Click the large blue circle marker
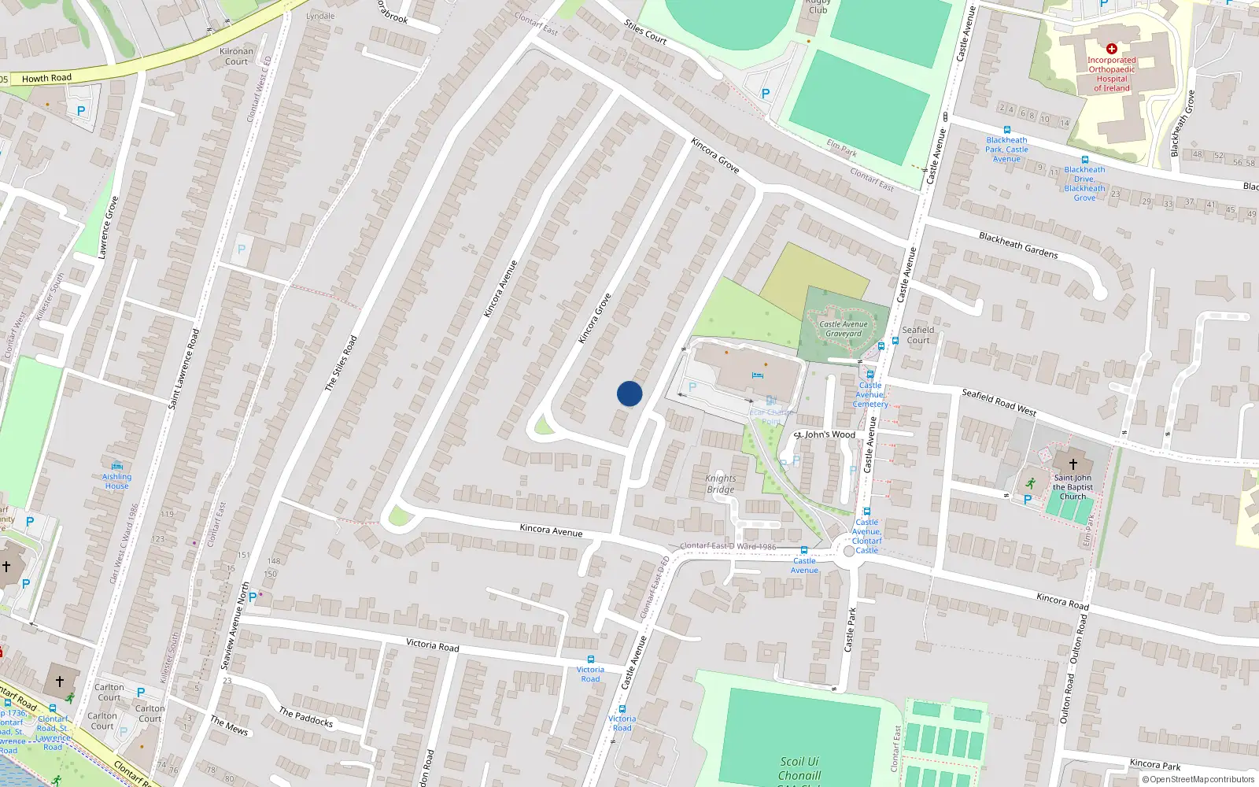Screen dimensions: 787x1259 629,393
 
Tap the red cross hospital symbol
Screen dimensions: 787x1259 1111,49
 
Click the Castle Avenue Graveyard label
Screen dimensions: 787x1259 844,329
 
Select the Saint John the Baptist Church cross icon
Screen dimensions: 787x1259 1073,464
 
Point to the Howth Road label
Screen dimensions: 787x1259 46,78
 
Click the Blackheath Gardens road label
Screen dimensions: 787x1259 1018,245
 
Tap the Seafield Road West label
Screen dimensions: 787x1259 999,402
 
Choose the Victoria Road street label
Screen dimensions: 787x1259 432,645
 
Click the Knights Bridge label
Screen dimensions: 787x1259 720,483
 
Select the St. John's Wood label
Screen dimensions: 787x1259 825,434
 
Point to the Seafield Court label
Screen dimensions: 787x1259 918,335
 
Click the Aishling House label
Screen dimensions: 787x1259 116,481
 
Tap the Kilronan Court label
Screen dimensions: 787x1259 236,56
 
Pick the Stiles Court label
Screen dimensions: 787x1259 645,31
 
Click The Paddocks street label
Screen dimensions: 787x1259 306,716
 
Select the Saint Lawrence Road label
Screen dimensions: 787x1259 184,368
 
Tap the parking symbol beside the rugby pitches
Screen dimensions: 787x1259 765,94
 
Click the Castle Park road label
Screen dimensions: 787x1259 850,629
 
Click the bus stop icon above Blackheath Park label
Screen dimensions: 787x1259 1006,130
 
